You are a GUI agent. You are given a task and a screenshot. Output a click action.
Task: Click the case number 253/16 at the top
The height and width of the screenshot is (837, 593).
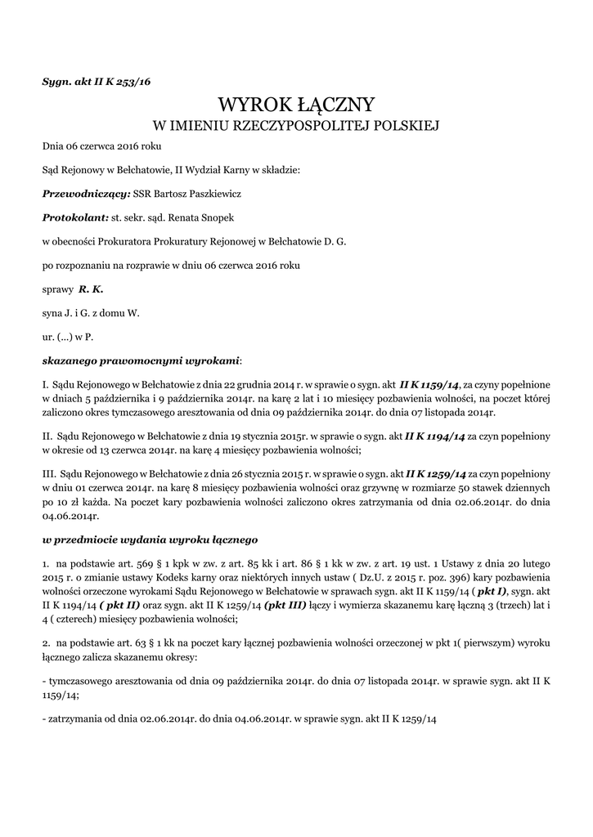[x=133, y=81]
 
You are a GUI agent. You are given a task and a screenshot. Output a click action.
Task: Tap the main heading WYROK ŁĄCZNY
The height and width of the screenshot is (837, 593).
[x=296, y=105]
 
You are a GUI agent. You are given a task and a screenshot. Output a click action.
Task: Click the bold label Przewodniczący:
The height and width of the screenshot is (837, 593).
[x=85, y=195]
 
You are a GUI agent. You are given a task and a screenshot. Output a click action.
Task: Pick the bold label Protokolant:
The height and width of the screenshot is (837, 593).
[x=75, y=218]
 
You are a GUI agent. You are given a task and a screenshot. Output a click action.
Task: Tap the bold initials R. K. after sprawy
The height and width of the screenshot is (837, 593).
[x=91, y=289]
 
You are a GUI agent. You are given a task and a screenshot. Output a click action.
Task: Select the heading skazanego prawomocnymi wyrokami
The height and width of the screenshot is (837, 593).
[x=141, y=360]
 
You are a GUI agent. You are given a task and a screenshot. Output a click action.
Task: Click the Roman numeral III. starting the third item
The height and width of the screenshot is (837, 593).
[x=48, y=474]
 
